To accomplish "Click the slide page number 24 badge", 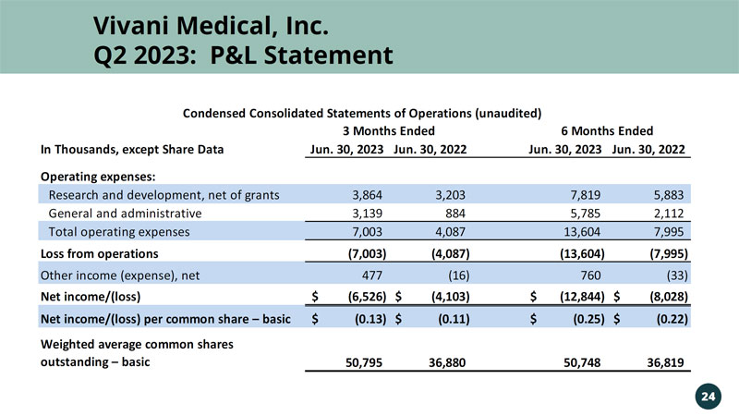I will tap(708, 396).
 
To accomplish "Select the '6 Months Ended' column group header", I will tap(607, 131).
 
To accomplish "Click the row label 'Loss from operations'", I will tap(99, 252).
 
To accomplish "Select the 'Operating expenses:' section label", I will tap(96, 176).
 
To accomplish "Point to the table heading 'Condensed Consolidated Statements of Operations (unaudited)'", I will tap(361, 113).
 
